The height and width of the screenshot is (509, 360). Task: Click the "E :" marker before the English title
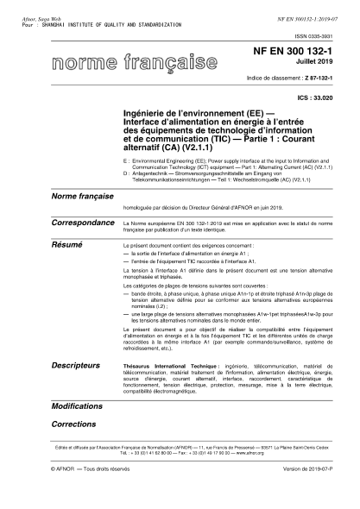pos(127,160)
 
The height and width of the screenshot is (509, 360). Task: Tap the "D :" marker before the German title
pos(127,171)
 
